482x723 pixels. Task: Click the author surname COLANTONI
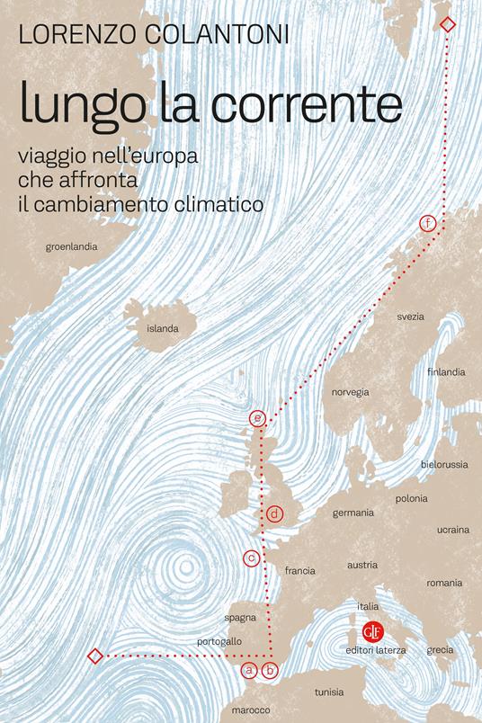(x=226, y=37)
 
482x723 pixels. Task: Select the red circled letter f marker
(x=428, y=222)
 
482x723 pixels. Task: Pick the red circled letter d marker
(x=275, y=514)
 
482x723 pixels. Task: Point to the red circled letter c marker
(x=252, y=558)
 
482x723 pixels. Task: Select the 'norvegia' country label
(x=351, y=392)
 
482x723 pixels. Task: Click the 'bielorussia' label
(x=444, y=465)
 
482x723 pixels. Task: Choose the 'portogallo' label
(x=219, y=642)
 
